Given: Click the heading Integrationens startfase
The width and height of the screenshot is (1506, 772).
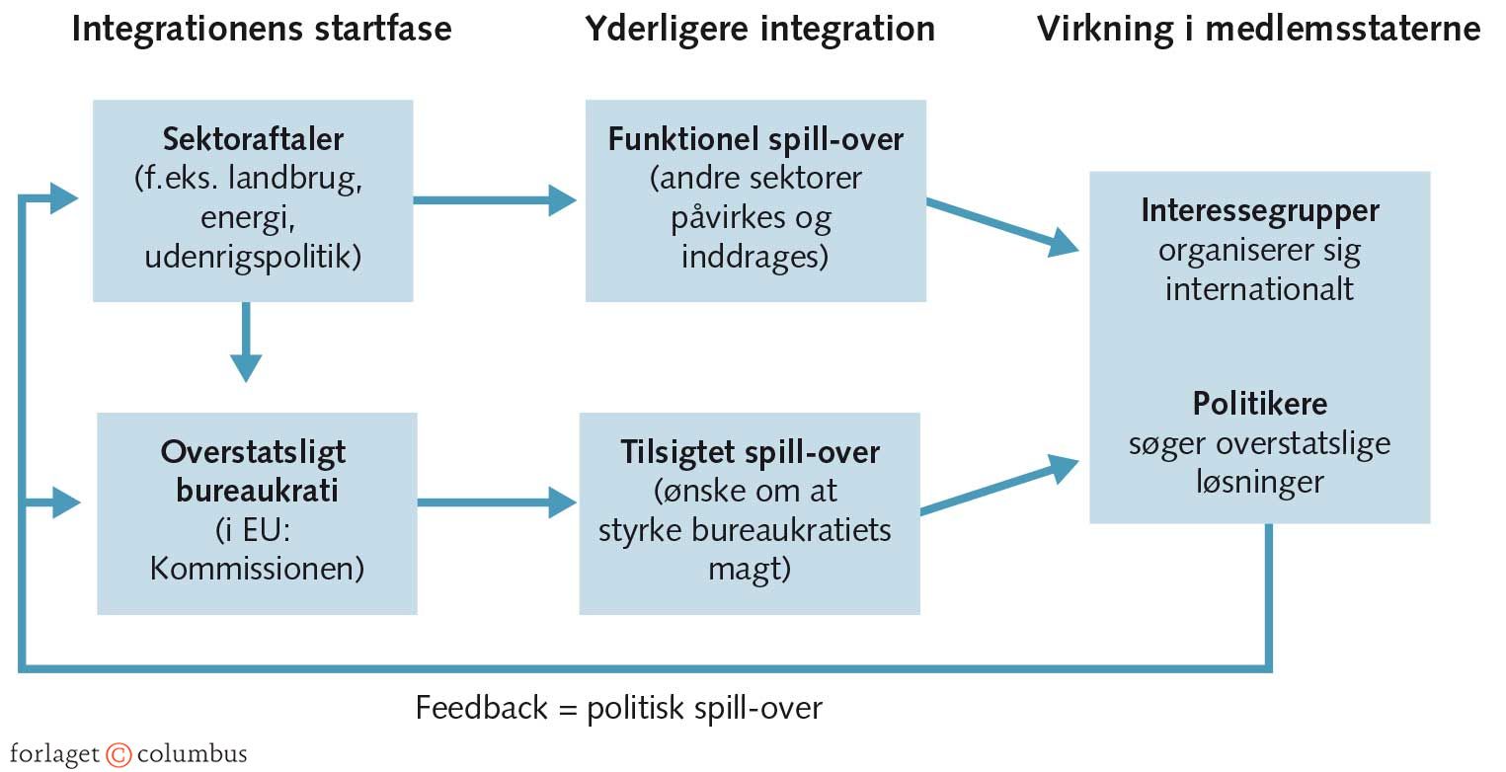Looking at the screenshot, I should click(x=262, y=29).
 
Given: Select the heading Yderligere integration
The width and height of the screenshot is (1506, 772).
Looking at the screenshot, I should click(x=759, y=29).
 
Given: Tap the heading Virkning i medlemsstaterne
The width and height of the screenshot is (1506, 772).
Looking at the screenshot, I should click(x=1258, y=29).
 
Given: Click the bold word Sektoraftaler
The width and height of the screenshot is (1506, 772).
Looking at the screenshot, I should click(x=253, y=139).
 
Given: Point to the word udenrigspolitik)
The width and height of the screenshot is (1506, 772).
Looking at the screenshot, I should click(x=253, y=258).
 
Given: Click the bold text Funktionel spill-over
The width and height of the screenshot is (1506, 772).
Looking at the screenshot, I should click(x=755, y=139).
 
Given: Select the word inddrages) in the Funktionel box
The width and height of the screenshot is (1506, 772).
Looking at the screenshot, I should click(x=755, y=258).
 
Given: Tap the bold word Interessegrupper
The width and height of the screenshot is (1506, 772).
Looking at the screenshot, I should click(x=1259, y=210).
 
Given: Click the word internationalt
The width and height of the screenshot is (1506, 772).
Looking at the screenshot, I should click(x=1259, y=289).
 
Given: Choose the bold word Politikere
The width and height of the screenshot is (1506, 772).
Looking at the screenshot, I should click(x=1259, y=404).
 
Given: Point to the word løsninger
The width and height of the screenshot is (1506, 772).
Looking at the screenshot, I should click(x=1259, y=483).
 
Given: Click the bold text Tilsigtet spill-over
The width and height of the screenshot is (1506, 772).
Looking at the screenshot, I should click(x=750, y=452).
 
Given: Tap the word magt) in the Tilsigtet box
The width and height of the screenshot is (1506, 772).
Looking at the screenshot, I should click(x=750, y=570).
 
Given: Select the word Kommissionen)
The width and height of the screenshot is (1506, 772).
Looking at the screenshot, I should click(x=257, y=570).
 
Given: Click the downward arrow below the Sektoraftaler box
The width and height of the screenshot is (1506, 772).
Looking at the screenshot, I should click(x=246, y=346).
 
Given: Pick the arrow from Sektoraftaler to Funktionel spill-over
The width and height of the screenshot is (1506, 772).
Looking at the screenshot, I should click(x=494, y=201).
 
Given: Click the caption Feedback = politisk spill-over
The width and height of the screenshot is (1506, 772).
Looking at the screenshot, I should click(x=618, y=708).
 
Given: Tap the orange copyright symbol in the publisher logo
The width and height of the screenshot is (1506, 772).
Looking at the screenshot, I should click(x=119, y=755).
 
